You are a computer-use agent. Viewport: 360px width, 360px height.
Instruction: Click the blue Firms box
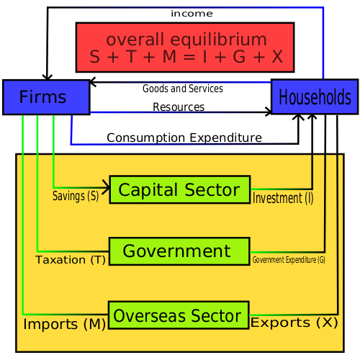pos(46,97)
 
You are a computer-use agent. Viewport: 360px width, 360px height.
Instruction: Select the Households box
pos(315,96)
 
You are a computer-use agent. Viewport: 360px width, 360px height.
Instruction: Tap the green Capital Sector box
pos(180,189)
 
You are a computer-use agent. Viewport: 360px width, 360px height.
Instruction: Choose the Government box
pos(179,251)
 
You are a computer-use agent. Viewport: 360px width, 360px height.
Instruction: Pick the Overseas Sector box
pos(179,315)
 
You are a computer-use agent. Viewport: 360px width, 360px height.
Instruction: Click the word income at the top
pos(192,14)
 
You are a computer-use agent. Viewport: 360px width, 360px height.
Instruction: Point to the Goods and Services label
pos(183,89)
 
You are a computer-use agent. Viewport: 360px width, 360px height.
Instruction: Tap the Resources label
pos(179,107)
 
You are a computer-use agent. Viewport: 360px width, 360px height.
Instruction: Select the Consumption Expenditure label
pos(184,138)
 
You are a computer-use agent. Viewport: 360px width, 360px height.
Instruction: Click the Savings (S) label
pos(76,196)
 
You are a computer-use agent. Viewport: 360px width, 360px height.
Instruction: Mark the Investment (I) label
pos(283,198)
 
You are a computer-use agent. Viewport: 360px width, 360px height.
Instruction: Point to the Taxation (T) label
pos(71,260)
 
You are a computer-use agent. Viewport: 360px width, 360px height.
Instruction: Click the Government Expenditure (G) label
pos(289,260)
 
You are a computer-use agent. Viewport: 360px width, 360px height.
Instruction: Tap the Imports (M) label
pos(65,324)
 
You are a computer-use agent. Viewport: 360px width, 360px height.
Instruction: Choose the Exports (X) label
pos(294,323)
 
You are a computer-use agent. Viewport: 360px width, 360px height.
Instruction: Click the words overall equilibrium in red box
pos(186,40)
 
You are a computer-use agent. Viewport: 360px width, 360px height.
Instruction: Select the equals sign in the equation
pos(189,57)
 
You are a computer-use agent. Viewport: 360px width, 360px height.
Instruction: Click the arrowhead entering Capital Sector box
pos(107,187)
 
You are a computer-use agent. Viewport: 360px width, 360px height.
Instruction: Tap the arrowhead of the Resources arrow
pos(269,112)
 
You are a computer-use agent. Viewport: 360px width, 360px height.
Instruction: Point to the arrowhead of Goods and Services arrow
pos(92,82)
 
